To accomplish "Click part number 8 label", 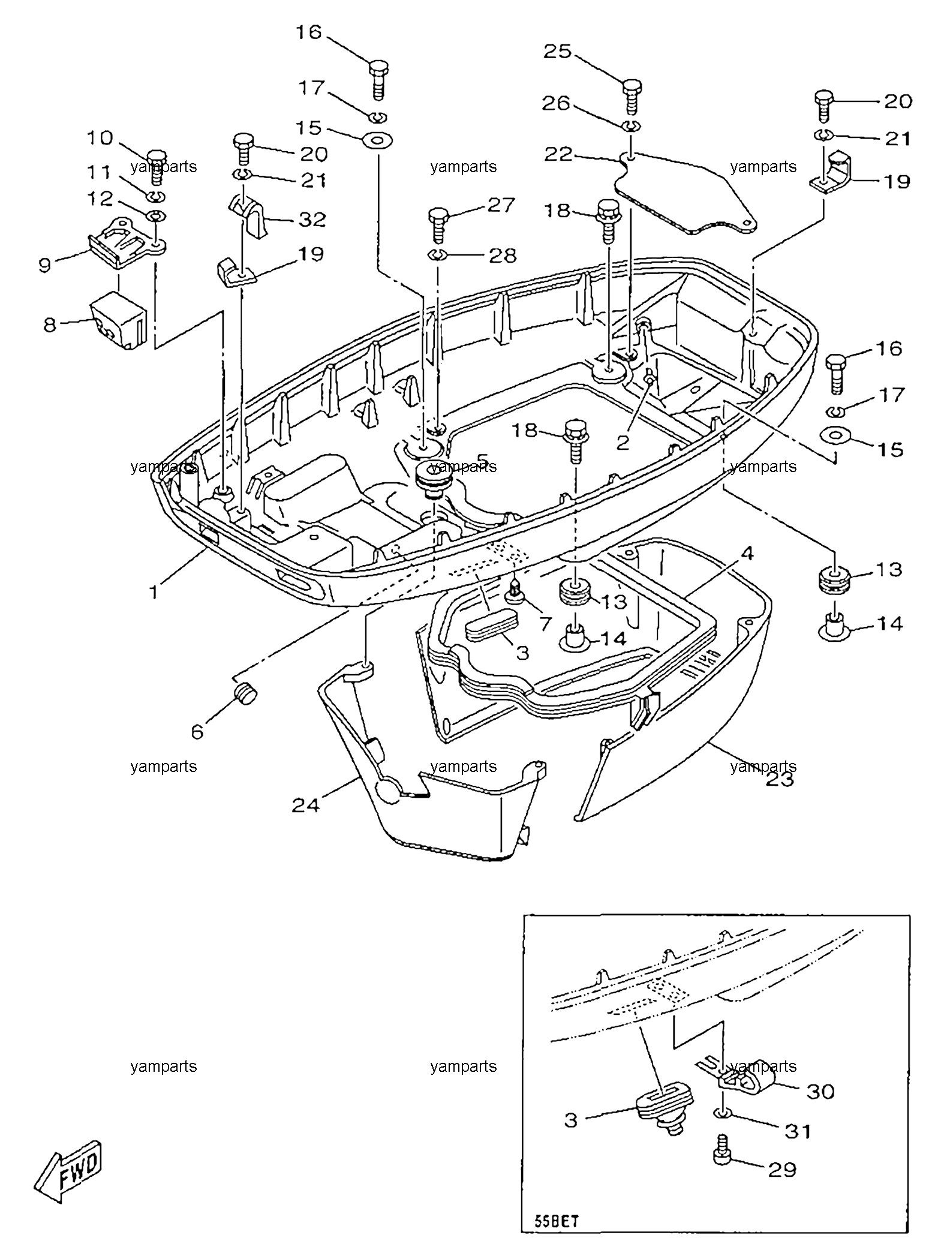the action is pyautogui.click(x=50, y=325).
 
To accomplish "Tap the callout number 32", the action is pyautogui.click(x=312, y=219).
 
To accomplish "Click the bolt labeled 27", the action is pyautogui.click(x=440, y=223).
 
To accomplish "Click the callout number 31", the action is pyautogui.click(x=798, y=1131).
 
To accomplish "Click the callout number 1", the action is pyautogui.click(x=154, y=593).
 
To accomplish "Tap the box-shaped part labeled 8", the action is pyautogui.click(x=119, y=320).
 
